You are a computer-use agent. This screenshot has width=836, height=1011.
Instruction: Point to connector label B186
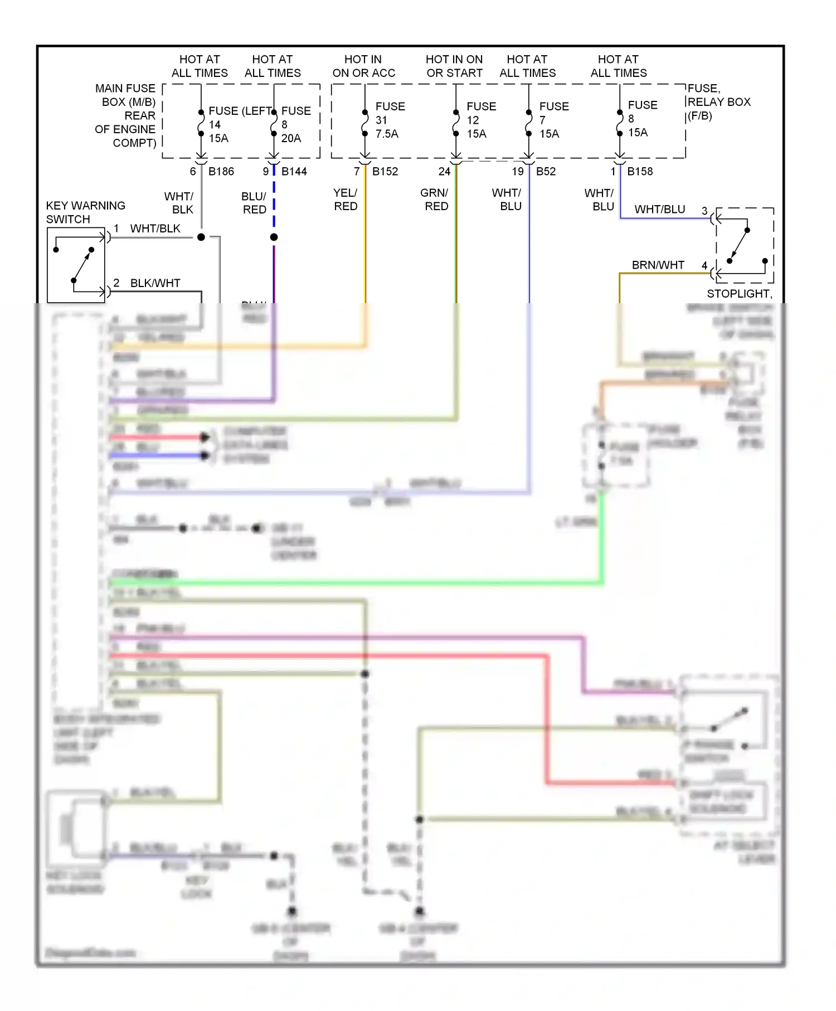(221, 172)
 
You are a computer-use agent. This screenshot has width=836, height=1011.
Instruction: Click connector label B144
(294, 172)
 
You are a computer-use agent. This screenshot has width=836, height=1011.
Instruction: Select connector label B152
(385, 172)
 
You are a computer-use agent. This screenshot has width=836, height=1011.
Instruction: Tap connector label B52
(546, 172)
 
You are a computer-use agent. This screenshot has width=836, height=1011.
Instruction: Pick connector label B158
(640, 172)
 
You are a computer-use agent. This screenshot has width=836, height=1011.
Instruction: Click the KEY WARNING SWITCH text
(85, 212)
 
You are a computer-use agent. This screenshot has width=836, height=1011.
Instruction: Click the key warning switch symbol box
(76, 265)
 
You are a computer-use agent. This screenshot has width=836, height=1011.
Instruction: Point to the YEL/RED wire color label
(346, 200)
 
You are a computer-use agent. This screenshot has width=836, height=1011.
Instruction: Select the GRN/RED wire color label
(435, 200)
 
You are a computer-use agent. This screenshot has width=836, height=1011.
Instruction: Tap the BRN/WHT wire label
(658, 265)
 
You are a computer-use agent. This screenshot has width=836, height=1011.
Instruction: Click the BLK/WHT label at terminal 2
(155, 283)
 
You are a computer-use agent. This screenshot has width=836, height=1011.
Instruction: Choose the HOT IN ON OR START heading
(454, 66)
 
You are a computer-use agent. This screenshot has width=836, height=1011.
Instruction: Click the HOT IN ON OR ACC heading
(363, 66)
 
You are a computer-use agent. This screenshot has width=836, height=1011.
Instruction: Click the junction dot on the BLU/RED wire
(274, 237)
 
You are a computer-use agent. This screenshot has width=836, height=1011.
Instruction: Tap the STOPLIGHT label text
(739, 294)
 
